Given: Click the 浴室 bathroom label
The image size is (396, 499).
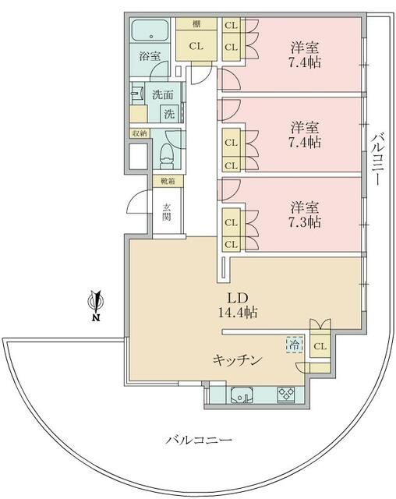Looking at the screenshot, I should (150, 56).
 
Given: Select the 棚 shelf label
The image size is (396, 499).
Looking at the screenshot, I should (196, 24).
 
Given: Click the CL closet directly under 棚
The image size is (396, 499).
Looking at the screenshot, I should (196, 46).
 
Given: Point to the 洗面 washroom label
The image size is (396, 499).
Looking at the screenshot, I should (162, 95).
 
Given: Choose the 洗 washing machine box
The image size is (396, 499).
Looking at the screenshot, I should (169, 113).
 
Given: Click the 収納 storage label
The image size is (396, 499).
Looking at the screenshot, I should (139, 133).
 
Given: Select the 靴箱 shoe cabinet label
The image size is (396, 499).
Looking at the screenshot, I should (168, 182).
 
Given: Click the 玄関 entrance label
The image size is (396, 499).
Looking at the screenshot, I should (167, 212).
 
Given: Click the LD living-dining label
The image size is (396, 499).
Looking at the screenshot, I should (238, 297).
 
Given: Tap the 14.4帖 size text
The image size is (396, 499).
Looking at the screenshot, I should (238, 312).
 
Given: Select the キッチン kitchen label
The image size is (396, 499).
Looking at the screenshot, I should (237, 359).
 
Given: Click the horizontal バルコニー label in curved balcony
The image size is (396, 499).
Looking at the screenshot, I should (199, 441).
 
